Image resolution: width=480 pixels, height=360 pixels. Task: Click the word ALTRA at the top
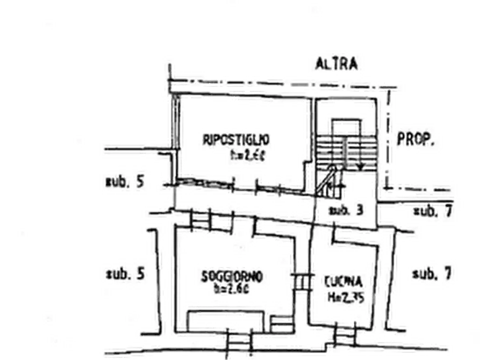[336, 63]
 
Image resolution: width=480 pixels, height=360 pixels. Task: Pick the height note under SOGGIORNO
[232, 290]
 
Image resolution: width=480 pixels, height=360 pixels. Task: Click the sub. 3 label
[347, 210]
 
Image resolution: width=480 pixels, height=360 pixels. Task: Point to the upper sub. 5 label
[125, 181]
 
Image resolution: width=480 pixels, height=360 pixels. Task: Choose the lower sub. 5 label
[125, 273]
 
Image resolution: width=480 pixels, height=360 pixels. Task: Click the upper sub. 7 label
[432, 211]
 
